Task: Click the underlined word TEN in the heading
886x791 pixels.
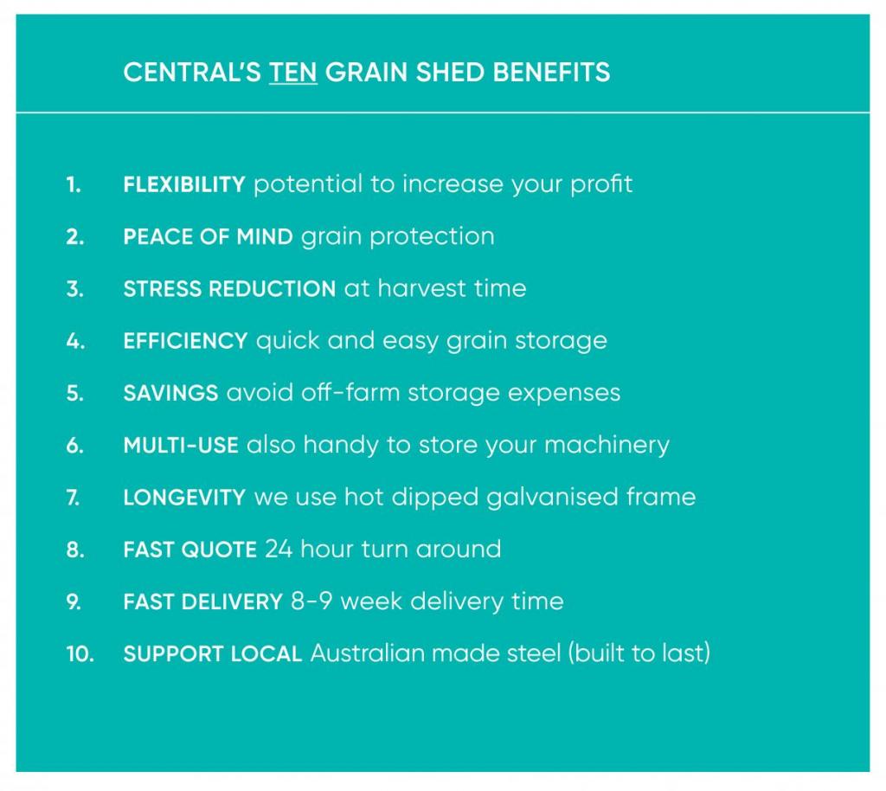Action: tap(292, 73)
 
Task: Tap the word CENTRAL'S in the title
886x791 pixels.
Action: tap(192, 73)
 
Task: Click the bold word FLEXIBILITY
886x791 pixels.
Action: tap(184, 184)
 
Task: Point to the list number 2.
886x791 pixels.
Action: tap(75, 237)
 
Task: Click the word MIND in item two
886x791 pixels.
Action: tap(265, 237)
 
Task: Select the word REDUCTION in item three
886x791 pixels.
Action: tap(273, 289)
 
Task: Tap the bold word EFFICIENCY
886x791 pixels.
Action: tap(185, 341)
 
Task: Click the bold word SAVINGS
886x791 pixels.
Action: tap(170, 393)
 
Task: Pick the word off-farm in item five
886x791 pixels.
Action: tap(350, 392)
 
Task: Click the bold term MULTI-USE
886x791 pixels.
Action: tap(181, 445)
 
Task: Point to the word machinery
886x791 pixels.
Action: tap(607, 446)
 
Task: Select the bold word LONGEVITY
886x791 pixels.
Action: tap(185, 498)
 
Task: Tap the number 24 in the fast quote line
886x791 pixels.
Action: tap(279, 550)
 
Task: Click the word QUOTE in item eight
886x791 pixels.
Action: tap(219, 550)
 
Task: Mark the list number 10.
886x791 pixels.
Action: tap(80, 653)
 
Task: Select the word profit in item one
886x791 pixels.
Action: tap(601, 184)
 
